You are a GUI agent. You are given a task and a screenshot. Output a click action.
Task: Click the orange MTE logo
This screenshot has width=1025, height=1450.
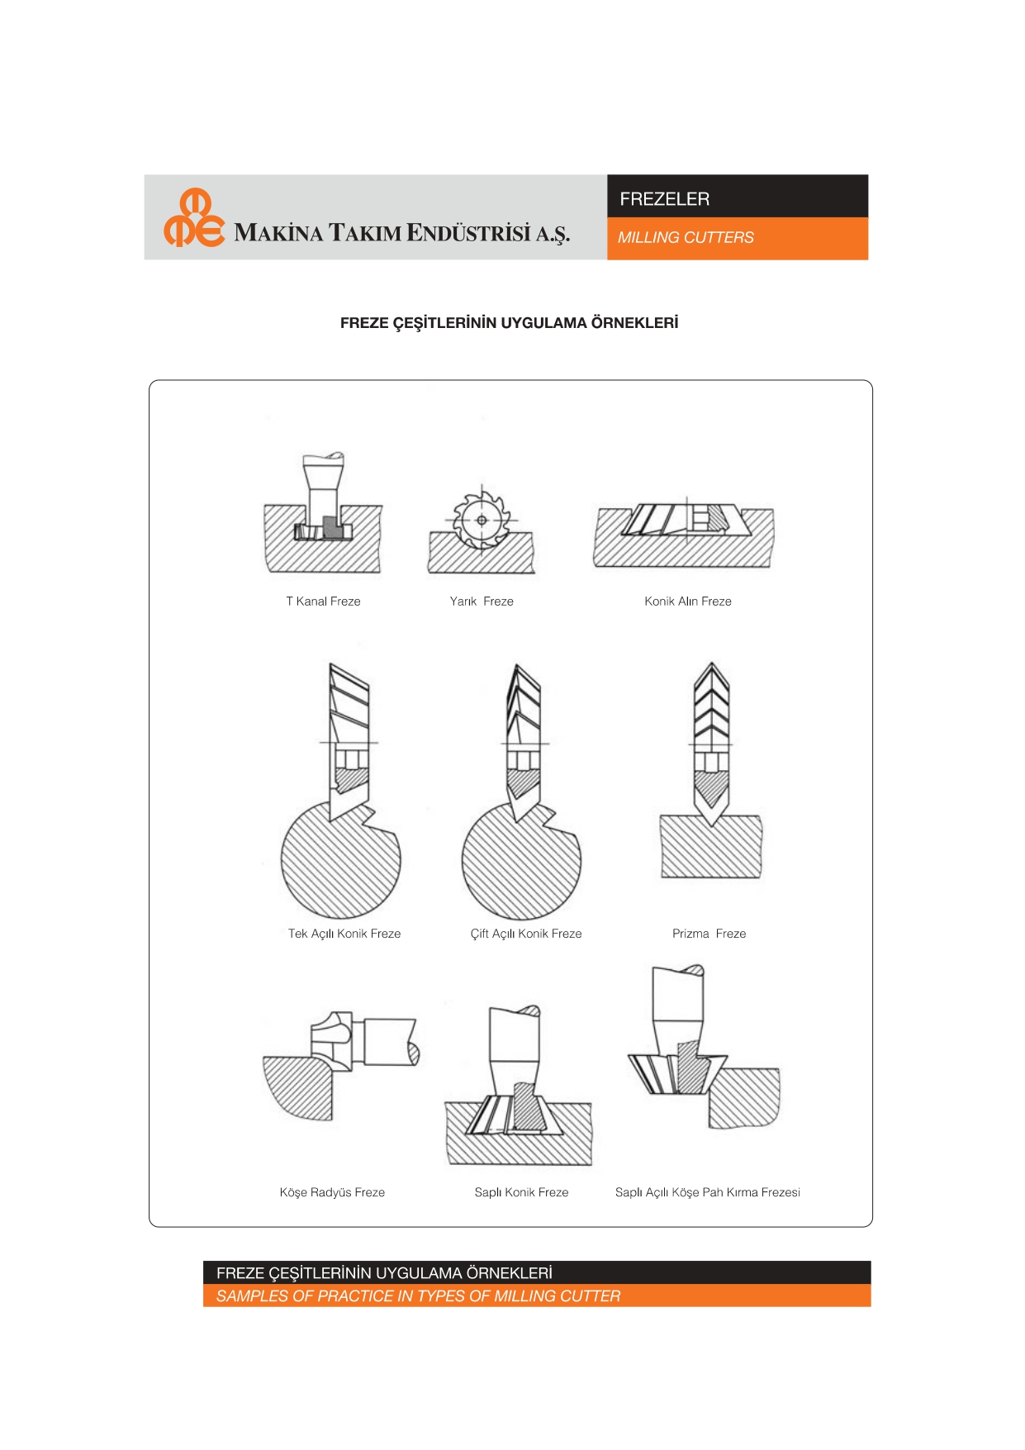pyautogui.click(x=194, y=218)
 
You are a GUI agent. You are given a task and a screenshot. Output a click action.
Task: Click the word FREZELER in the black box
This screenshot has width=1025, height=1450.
pyautogui.click(x=664, y=199)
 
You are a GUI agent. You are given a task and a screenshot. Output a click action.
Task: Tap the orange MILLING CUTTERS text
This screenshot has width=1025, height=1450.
pyautogui.click(x=686, y=238)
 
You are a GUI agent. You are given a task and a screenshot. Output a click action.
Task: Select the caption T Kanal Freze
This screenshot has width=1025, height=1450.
pyautogui.click(x=323, y=601)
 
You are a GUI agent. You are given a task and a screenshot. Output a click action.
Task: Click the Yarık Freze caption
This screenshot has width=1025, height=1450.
pyautogui.click(x=482, y=601)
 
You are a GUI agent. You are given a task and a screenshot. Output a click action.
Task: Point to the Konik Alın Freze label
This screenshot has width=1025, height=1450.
pyautogui.click(x=688, y=601)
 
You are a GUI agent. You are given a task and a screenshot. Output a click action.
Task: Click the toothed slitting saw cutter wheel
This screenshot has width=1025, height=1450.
pyautogui.click(x=482, y=521)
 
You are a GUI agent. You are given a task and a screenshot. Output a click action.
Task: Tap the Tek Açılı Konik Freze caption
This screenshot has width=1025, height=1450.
pyautogui.click(x=344, y=934)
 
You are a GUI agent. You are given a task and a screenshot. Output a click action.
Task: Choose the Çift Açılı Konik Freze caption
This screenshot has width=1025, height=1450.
pyautogui.click(x=526, y=934)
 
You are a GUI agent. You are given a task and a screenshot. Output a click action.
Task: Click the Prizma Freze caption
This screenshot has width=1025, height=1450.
pyautogui.click(x=709, y=934)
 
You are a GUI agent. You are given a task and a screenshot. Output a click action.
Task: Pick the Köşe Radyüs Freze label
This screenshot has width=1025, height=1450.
pyautogui.click(x=332, y=1192)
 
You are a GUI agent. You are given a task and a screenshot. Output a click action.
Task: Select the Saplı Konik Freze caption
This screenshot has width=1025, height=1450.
pyautogui.click(x=521, y=1192)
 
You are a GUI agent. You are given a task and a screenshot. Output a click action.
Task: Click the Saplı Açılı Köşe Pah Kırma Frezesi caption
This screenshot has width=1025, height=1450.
pyautogui.click(x=708, y=1192)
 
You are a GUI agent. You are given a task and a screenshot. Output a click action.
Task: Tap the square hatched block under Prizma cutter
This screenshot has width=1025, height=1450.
pyautogui.click(x=710, y=847)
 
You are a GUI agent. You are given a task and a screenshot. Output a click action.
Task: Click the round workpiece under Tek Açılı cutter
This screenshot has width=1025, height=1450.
pyautogui.click(x=340, y=863)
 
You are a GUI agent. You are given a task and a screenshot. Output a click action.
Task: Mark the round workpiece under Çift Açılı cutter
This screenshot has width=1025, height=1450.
pyautogui.click(x=521, y=863)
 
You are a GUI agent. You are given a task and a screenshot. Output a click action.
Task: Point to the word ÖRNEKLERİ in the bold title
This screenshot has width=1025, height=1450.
pyautogui.click(x=634, y=323)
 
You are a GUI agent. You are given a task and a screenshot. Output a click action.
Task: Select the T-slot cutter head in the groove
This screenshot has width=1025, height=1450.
pyautogui.click(x=323, y=530)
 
